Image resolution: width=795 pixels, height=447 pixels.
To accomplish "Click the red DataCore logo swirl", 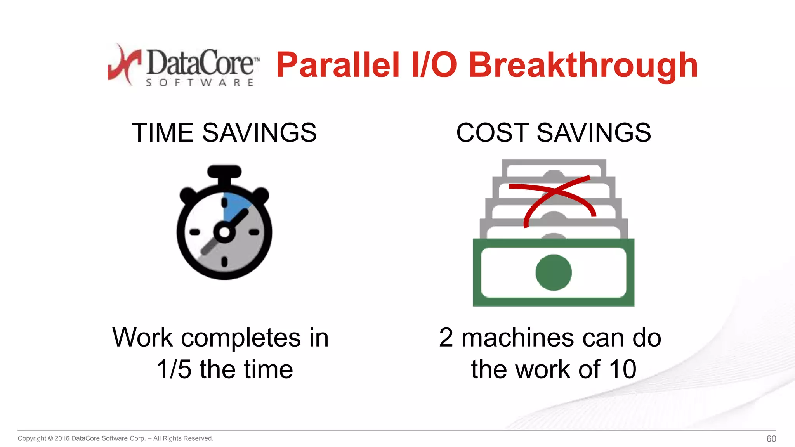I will tap(123, 64).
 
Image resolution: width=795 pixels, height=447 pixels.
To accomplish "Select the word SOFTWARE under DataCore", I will tap(200, 83).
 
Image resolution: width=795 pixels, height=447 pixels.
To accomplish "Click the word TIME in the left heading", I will tap(163, 133).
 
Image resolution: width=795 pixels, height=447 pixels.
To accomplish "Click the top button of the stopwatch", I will tap(224, 172).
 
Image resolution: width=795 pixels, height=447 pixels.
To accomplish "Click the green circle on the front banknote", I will tap(554, 272).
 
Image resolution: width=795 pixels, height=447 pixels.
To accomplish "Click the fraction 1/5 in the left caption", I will tap(174, 369).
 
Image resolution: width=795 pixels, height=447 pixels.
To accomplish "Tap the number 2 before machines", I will tap(446, 337).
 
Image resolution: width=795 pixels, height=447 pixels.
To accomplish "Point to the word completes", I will tap(241, 337).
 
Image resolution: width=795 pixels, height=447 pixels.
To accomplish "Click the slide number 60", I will tap(771, 439).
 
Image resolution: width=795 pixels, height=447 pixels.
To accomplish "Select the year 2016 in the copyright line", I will tap(62, 438).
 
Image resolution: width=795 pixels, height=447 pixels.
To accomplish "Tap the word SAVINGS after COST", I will tap(594, 133).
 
